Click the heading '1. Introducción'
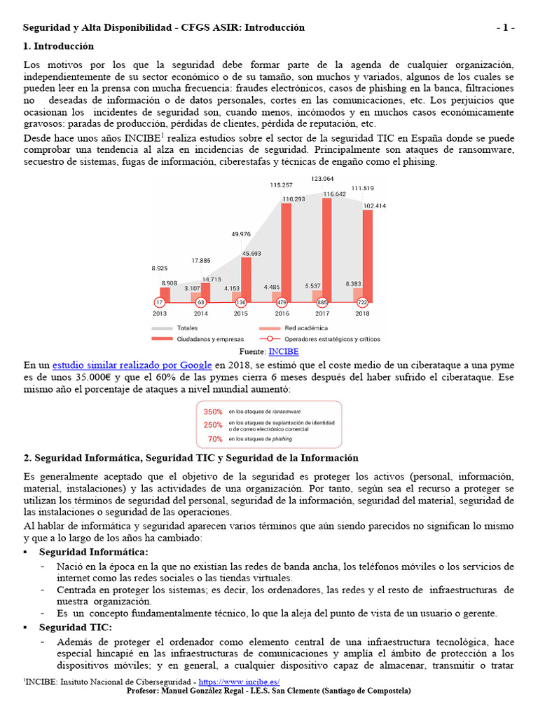[59, 46]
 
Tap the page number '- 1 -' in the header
[505, 28]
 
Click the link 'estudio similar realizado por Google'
[132, 365]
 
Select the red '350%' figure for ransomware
[213, 412]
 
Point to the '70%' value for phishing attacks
[215, 439]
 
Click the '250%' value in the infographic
[213, 425]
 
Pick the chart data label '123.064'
[322, 179]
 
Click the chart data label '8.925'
[160, 268]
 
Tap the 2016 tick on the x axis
[282, 313]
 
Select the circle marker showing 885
[322, 302]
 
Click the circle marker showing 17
[160, 302]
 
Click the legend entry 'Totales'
[187, 327]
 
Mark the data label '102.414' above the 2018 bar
[374, 205]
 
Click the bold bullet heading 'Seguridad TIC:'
[75, 627]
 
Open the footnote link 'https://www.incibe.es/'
[240, 682]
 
